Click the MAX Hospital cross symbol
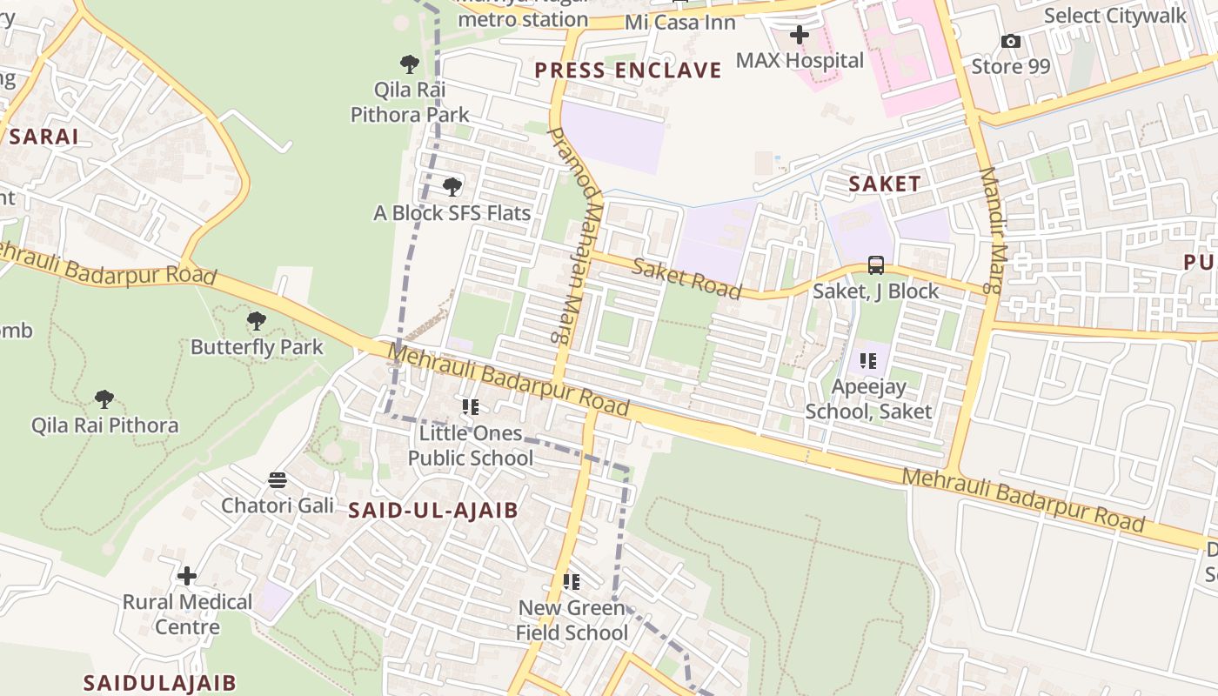click(x=799, y=35)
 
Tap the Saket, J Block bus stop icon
click(x=876, y=265)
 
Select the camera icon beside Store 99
click(x=1010, y=41)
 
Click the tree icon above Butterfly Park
click(x=256, y=321)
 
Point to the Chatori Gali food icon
click(x=278, y=479)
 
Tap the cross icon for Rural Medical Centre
click(x=187, y=576)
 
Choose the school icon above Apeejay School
click(x=867, y=360)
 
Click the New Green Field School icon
click(x=572, y=581)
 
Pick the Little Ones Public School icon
click(x=471, y=406)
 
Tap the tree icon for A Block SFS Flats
click(x=452, y=186)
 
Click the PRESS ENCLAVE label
click(x=628, y=70)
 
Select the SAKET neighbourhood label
click(x=884, y=184)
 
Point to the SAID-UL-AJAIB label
click(x=433, y=511)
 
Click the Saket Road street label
click(x=686, y=278)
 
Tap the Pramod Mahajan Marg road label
click(x=574, y=233)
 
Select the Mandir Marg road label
click(x=994, y=230)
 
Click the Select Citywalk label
click(x=1114, y=16)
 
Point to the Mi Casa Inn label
click(x=680, y=22)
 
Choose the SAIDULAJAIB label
click(x=159, y=683)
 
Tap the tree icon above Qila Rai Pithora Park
click(x=410, y=64)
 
